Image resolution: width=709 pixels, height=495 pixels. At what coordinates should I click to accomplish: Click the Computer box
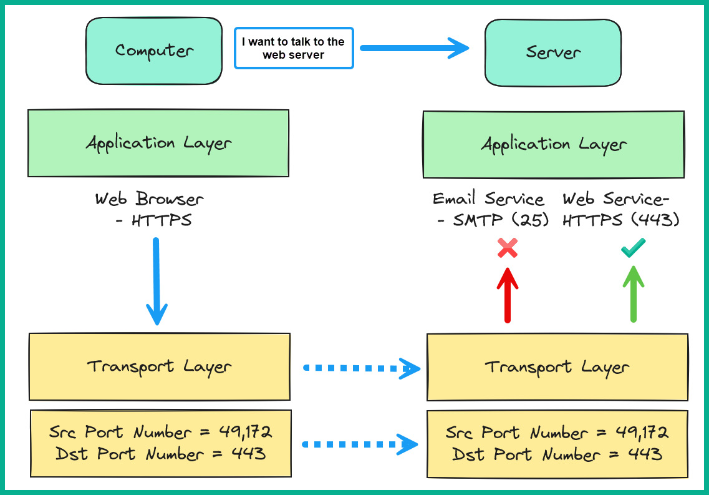[154, 51]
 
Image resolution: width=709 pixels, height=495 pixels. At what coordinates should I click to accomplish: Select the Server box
[552, 52]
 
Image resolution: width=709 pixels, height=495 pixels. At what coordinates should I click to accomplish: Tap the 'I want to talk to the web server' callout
[294, 48]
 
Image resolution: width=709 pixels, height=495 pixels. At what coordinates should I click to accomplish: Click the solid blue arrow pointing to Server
[414, 48]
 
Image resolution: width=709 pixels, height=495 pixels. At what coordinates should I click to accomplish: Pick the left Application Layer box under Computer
[158, 144]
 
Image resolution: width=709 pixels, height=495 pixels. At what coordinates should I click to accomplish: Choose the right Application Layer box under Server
[553, 145]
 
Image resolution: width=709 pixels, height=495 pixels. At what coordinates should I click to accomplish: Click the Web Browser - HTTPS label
[150, 210]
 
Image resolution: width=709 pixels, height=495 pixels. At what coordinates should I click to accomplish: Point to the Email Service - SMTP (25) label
[490, 210]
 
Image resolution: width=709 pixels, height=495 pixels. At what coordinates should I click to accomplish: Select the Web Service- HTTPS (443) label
[620, 210]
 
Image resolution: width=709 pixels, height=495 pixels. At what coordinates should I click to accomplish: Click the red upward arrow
[508, 295]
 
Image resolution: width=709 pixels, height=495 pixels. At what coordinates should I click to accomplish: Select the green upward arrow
[633, 295]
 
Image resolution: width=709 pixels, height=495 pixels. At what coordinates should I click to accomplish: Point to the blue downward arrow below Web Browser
[157, 281]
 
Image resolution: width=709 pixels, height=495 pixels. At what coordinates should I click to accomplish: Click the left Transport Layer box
[159, 366]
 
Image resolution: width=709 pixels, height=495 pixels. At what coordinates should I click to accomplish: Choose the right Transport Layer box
[557, 367]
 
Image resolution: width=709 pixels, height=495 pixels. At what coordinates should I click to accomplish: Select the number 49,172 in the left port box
[245, 432]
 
